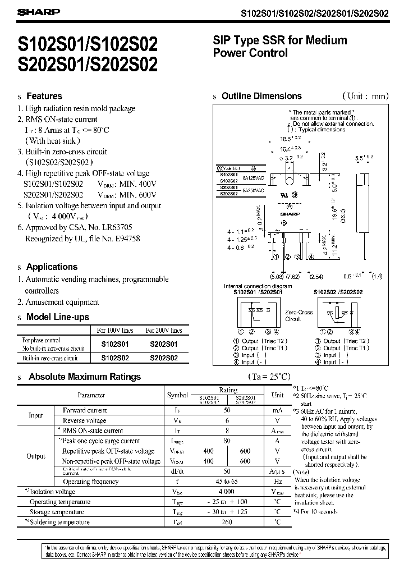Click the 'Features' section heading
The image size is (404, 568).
coord(44,96)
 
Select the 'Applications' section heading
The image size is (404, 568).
coord(52,267)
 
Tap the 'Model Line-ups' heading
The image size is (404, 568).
coord(58,317)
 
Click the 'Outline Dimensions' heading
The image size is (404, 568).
coord(261,96)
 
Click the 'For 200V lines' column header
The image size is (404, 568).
coord(164,331)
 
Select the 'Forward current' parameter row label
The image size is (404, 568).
coord(85,410)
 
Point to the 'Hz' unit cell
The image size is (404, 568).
coord(277,482)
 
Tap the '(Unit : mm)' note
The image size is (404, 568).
coord(365,96)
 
